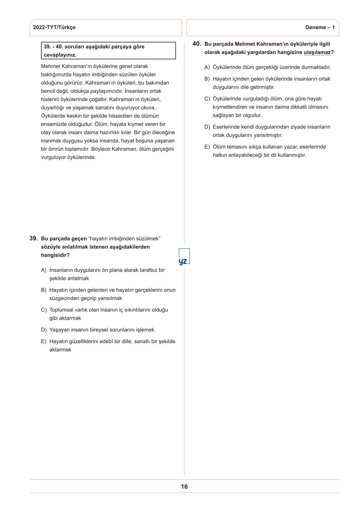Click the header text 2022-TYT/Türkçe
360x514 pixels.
pos(54,27)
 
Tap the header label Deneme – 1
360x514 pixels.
pos(320,27)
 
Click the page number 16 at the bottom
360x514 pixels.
pos(184,487)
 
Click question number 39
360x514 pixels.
pos(33,238)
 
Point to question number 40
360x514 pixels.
pos(197,44)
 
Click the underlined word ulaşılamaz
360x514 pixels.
pos(317,52)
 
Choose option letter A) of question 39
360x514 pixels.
pos(44,270)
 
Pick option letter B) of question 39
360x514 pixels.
pos(44,290)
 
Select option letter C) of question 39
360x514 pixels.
pos(44,310)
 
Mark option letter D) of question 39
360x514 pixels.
pos(44,330)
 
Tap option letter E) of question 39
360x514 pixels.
pos(44,341)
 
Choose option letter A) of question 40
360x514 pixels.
pos(207,67)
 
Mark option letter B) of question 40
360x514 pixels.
pos(207,79)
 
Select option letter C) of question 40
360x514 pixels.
pos(207,99)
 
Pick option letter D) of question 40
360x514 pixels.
pos(207,127)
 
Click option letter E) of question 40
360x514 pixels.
pos(207,147)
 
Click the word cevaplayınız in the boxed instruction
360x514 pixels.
pos(60,55)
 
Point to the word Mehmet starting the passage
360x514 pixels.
pos(51,66)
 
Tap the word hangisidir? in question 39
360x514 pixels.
pos(55,255)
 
